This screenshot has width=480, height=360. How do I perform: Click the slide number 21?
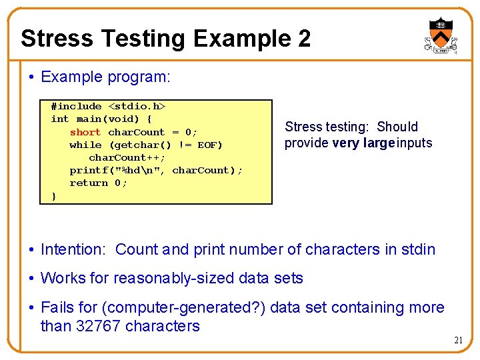coord(458,341)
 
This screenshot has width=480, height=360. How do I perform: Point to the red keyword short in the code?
coord(85,132)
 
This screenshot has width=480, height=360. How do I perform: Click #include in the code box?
coord(76,107)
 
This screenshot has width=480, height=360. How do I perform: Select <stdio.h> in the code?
coord(137,107)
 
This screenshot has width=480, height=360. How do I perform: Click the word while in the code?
coord(85,145)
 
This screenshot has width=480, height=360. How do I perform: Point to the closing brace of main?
coord(54,196)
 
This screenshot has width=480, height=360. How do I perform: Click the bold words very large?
coord(363,143)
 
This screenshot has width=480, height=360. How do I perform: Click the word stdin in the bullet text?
coord(419,250)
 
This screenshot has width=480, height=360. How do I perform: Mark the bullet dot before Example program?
coord(32,77)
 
